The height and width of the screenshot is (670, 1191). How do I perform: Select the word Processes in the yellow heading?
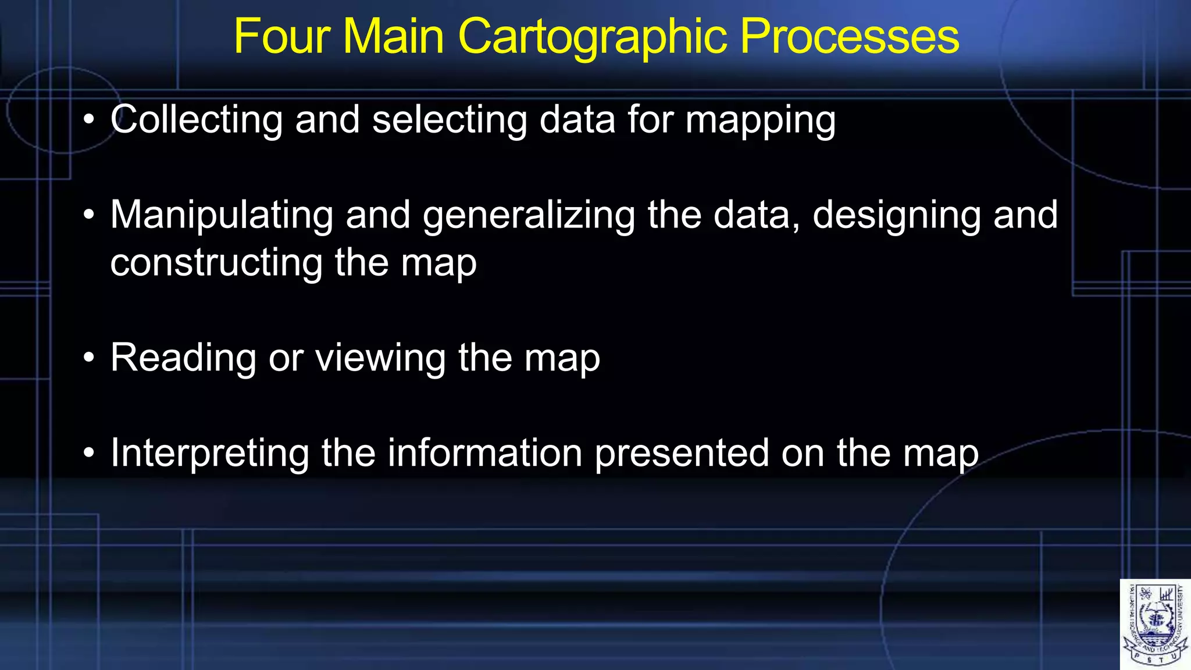(850, 37)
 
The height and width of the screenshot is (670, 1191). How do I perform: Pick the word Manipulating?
(222, 216)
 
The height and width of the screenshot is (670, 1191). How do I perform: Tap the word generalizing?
(529, 216)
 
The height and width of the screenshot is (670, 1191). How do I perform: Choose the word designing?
(896, 216)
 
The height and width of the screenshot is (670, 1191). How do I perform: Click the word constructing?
(216, 263)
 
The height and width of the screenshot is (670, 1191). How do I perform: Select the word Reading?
(183, 358)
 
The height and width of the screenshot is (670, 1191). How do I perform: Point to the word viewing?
(380, 358)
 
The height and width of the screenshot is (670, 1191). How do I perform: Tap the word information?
(485, 452)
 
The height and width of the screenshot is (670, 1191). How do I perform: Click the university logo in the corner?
(1155, 624)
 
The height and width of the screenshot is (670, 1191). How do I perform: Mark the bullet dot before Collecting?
(88, 120)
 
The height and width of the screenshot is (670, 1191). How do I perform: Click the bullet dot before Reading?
(88, 358)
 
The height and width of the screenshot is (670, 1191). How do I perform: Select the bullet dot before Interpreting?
(88, 452)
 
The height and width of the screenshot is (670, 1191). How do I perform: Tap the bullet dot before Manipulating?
(88, 215)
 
